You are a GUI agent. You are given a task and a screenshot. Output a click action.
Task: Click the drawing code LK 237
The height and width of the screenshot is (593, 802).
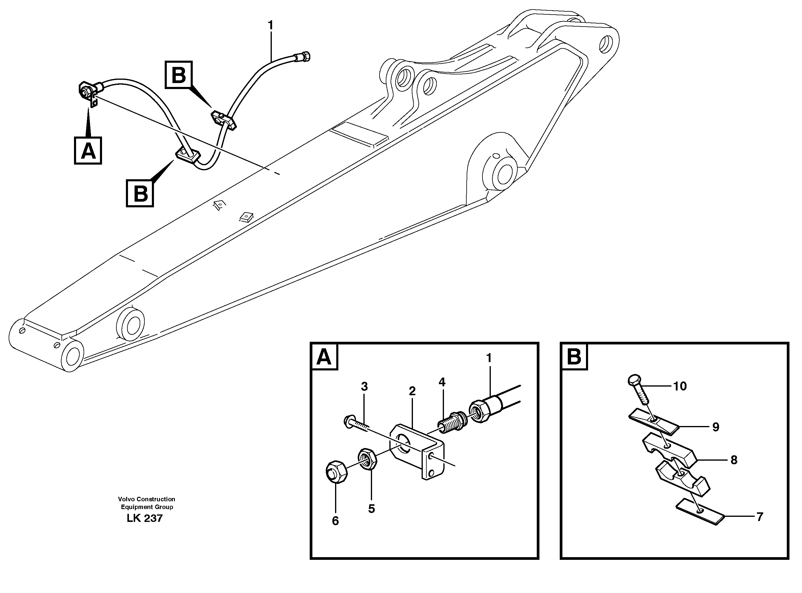click(x=144, y=518)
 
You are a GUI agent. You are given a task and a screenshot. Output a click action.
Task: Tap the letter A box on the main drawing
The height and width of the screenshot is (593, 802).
click(x=88, y=151)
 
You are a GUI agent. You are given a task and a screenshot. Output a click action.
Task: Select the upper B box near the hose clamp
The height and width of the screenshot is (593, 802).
click(x=178, y=75)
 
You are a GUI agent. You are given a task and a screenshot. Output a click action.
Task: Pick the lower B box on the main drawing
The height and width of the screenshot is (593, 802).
click(x=140, y=194)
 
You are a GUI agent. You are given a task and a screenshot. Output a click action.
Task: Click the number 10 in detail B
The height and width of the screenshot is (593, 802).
click(x=680, y=386)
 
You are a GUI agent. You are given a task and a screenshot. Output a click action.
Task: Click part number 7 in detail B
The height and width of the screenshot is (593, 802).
click(x=760, y=517)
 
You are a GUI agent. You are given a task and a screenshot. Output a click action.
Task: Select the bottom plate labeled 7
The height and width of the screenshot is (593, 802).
click(x=699, y=514)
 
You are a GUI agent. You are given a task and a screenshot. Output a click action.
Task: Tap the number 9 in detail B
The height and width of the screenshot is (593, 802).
click(x=715, y=427)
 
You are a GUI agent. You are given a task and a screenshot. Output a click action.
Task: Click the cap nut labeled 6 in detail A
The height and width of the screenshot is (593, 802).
click(x=336, y=472)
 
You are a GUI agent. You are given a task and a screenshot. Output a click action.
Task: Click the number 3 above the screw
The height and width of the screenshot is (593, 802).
click(x=364, y=387)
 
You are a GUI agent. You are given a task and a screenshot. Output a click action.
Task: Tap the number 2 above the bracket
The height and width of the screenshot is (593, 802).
click(x=412, y=391)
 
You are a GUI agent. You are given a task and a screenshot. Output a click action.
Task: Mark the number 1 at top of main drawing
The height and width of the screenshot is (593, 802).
click(x=270, y=25)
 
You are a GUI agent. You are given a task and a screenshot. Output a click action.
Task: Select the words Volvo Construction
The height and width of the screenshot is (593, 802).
click(x=146, y=499)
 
